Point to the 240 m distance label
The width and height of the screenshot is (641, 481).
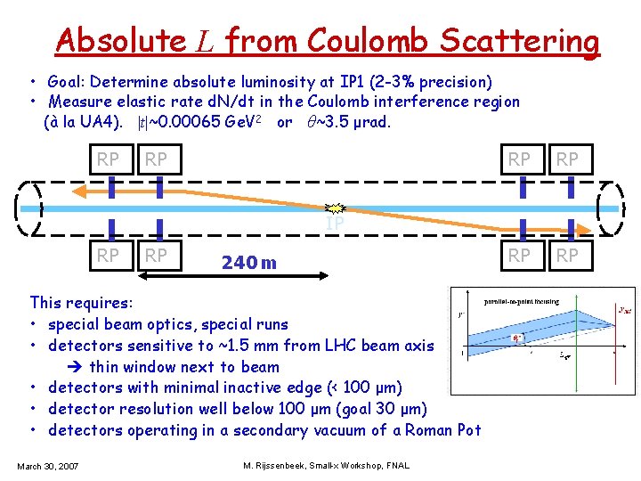click(x=248, y=263)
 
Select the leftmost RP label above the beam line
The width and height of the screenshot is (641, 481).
click(x=108, y=159)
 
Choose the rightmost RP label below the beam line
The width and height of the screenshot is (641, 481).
click(x=567, y=257)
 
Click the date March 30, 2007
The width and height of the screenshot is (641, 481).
click(x=47, y=466)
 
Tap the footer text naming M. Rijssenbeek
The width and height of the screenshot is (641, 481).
click(x=325, y=466)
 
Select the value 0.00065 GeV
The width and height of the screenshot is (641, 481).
click(x=201, y=122)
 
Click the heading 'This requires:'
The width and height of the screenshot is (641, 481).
click(x=81, y=303)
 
